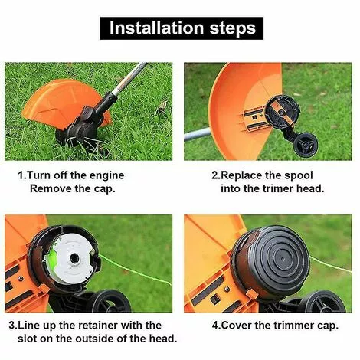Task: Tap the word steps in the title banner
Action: point(227,29)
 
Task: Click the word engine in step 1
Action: point(103,175)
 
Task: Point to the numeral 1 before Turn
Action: point(21,175)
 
